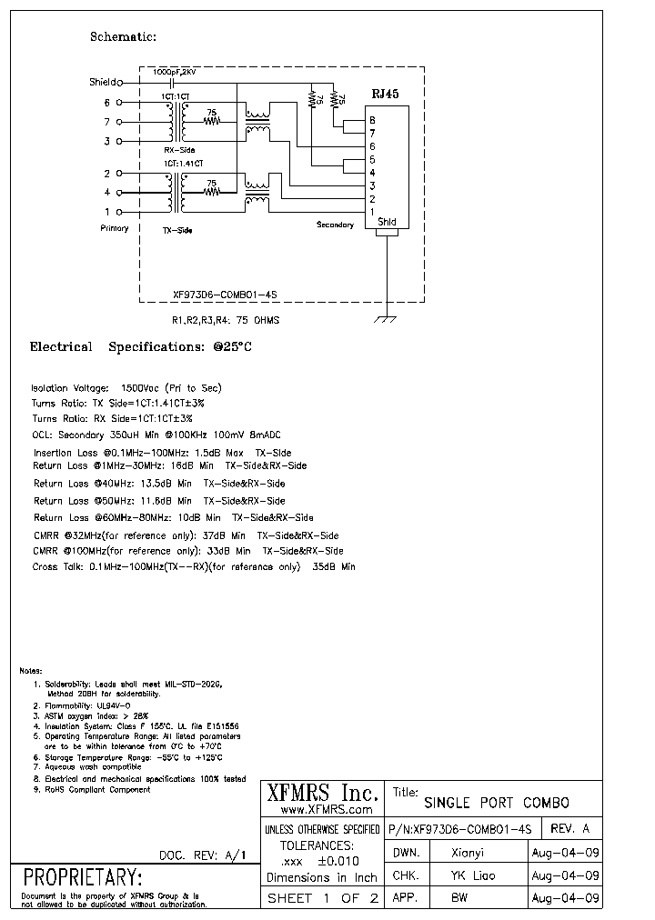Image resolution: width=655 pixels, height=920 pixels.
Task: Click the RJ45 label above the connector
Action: click(x=385, y=93)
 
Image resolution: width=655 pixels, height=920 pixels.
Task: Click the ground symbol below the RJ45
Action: click(x=388, y=318)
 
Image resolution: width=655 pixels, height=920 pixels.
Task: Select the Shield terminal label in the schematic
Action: click(x=103, y=82)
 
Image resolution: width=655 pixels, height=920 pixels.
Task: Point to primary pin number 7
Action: click(x=106, y=121)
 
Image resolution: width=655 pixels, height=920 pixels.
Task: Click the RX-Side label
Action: click(x=179, y=150)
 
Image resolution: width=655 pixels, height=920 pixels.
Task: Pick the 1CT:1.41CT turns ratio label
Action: click(x=184, y=163)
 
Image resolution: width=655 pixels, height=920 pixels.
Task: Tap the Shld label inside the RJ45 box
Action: click(x=387, y=222)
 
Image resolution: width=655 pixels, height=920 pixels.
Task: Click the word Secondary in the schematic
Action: click(x=335, y=225)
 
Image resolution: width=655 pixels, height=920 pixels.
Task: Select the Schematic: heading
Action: click(x=124, y=37)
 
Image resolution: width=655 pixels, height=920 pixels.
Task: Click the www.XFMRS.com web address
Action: click(x=327, y=809)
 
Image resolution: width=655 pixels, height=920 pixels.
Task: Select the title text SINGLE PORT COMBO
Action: click(x=497, y=803)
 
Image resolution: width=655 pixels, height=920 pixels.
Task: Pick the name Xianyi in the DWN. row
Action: click(x=473, y=853)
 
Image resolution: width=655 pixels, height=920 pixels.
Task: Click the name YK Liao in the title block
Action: click(x=475, y=876)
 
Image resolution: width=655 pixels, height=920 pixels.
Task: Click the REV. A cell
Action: click(x=572, y=828)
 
